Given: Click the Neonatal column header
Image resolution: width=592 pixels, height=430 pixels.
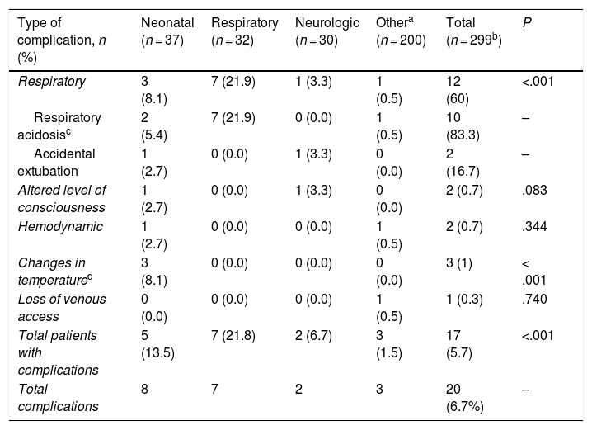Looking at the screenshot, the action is point(167,31).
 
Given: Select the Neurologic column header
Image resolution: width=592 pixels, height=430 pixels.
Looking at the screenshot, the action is point(327,31).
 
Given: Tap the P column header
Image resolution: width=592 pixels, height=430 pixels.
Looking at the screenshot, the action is point(527,23).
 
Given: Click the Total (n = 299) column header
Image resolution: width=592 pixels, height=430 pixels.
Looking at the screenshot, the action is point(474,31).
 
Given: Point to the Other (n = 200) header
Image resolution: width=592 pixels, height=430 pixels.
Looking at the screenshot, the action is point(401,31).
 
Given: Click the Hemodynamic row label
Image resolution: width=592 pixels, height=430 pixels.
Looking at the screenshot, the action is point(60,226).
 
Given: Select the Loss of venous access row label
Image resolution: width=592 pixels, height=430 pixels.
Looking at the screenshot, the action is point(62,308).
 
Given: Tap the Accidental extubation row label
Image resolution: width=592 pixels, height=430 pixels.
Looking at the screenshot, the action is point(56,163).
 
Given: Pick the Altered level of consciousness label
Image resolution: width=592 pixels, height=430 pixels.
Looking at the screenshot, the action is point(62,199).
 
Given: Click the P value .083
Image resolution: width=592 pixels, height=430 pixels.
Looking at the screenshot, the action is point(534,190).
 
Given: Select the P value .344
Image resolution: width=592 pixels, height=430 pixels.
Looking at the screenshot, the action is point(534,226).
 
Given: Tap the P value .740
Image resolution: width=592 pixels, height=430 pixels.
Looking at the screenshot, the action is point(534,299).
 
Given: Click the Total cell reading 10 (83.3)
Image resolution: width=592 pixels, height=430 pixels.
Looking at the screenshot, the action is point(463,126).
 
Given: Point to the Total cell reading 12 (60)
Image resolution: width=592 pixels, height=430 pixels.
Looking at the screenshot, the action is point(458,90).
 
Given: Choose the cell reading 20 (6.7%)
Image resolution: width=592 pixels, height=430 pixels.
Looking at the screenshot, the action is point(465,398).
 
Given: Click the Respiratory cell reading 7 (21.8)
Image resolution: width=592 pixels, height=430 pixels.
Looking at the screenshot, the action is point(233,335).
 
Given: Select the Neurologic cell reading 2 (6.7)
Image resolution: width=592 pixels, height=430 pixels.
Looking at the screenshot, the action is point(313,335).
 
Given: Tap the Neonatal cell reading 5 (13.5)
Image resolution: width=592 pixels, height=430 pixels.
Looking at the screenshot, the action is point(157,344).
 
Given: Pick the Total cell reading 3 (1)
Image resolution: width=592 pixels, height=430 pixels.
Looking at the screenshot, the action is point(458,262).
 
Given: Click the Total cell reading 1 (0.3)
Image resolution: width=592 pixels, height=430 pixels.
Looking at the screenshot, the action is point(464,299).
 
